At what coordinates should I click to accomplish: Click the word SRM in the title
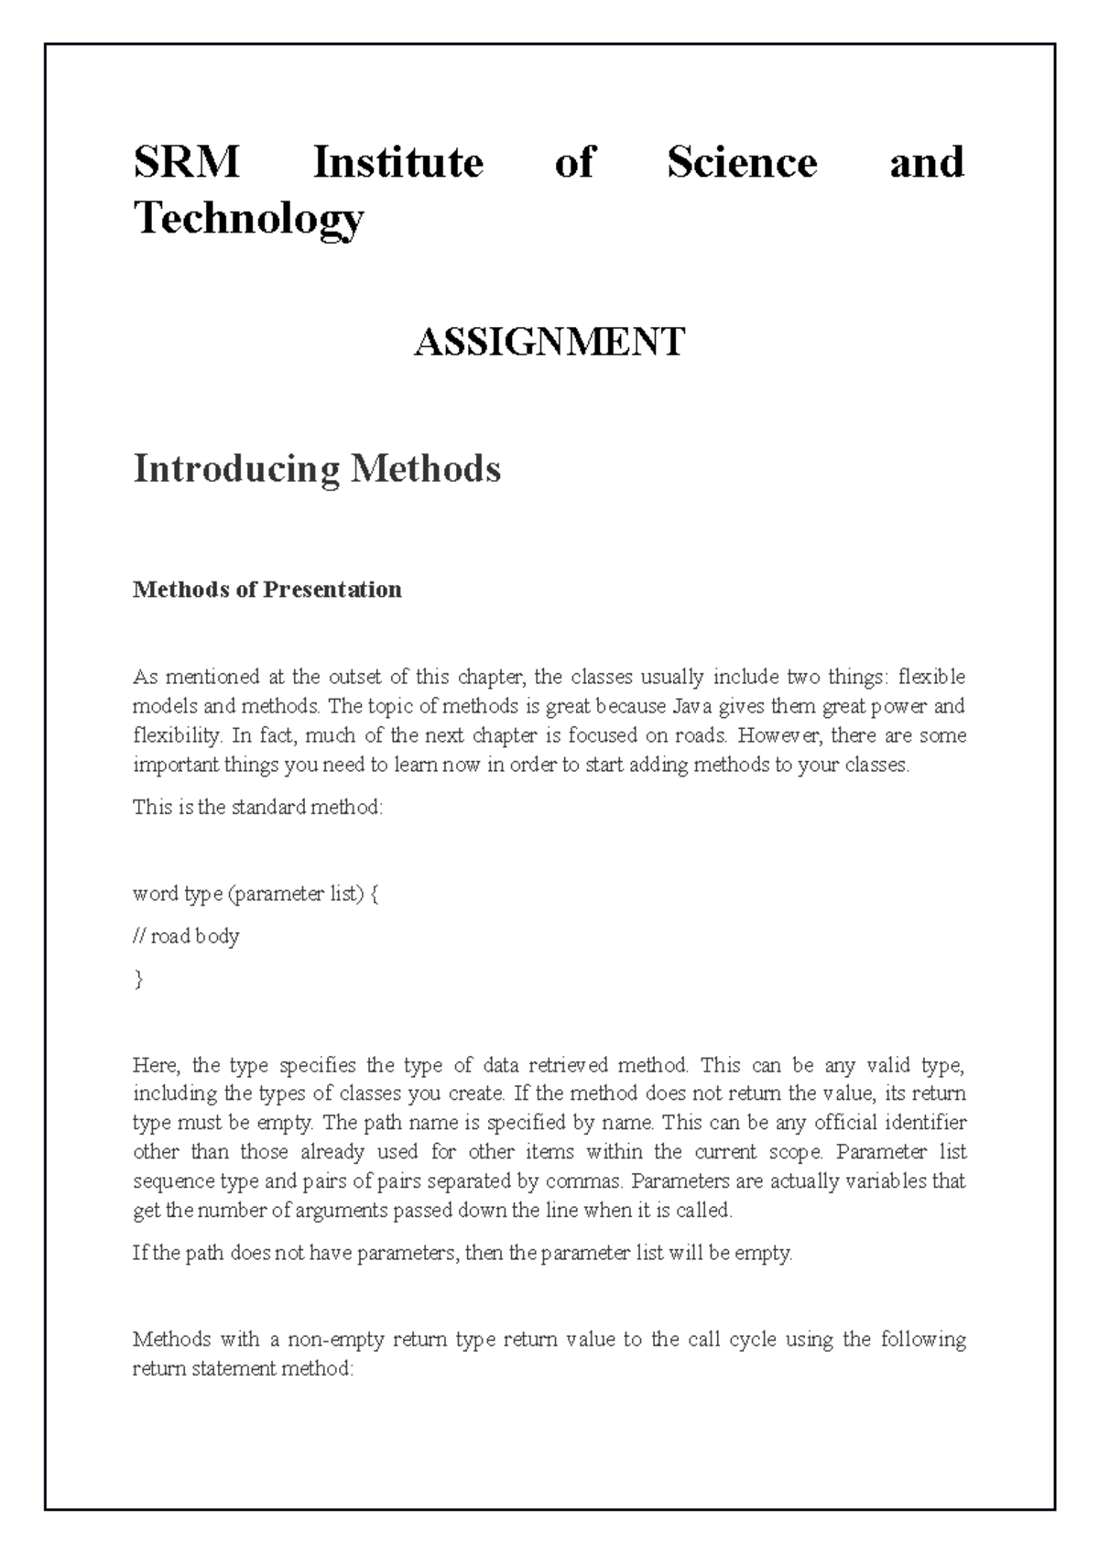186,163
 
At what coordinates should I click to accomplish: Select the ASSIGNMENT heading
549,343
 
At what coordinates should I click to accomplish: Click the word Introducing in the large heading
236,469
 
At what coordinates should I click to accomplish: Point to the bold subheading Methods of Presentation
267,589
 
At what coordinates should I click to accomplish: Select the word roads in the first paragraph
702,736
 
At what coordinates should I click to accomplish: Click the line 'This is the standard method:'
257,808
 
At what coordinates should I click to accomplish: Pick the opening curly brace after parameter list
374,894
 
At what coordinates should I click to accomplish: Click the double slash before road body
139,937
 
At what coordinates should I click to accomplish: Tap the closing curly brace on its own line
138,980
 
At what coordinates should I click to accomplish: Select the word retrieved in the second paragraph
568,1065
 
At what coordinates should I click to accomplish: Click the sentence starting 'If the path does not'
462,1253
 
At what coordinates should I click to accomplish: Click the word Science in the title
742,163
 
